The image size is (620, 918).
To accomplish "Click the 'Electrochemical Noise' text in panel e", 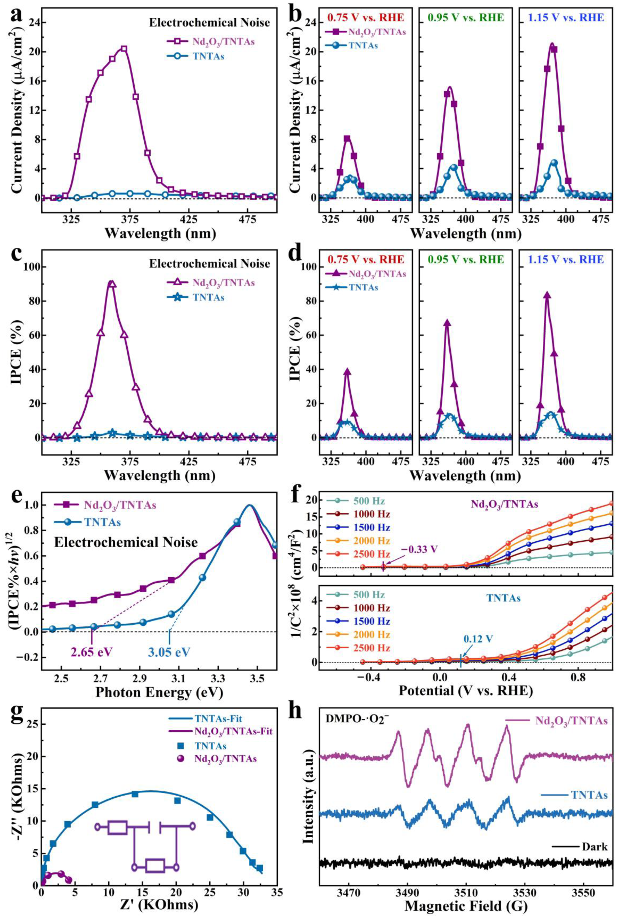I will point(126,542).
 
